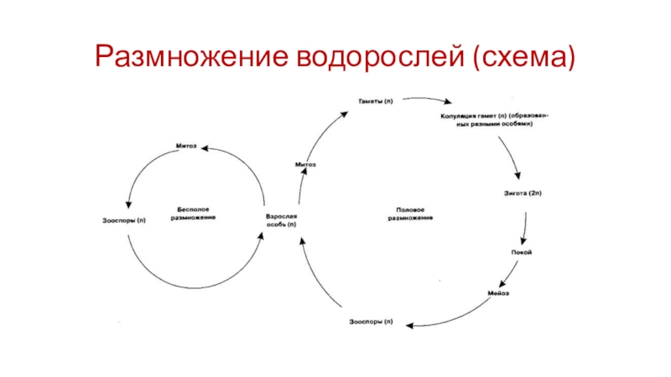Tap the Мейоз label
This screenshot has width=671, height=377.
tap(499, 294)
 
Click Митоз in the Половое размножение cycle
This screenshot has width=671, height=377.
tap(305, 165)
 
